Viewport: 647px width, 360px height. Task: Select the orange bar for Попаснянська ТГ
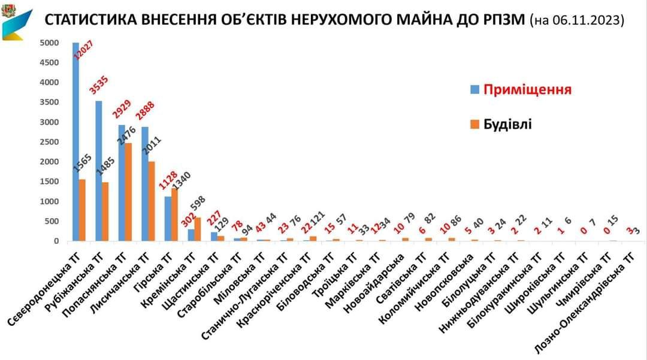click(128, 192)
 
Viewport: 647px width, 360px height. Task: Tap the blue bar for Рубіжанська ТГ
click(99, 171)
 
